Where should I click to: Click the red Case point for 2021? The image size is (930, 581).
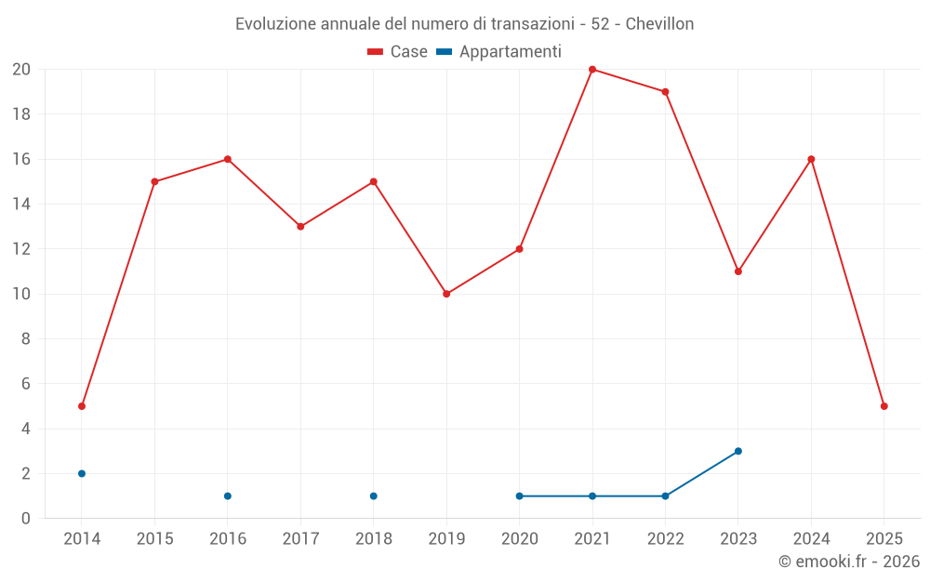tap(592, 70)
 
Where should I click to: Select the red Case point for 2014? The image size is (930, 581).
tap(82, 406)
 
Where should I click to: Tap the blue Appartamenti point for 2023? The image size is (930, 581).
tap(738, 451)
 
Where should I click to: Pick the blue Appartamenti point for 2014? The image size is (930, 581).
tap(82, 473)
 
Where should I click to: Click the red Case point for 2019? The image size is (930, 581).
tap(446, 294)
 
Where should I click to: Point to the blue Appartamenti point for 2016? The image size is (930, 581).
tap(228, 495)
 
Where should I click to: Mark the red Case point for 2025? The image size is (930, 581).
tap(884, 406)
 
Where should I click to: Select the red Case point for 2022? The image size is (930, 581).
tap(665, 92)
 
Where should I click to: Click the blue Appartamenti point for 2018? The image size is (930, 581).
tap(374, 495)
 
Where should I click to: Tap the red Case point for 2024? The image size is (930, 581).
tap(811, 159)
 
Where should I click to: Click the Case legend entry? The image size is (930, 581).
tap(398, 52)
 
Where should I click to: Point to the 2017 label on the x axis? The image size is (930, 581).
tap(300, 539)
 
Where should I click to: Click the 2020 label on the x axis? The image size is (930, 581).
tap(519, 539)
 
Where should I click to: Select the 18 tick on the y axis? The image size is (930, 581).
tap(21, 114)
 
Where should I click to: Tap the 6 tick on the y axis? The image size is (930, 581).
tap(26, 384)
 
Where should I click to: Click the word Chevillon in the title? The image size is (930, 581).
tap(659, 24)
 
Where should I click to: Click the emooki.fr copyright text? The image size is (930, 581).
tap(849, 561)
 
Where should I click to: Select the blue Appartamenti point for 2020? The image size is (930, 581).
tap(520, 495)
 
